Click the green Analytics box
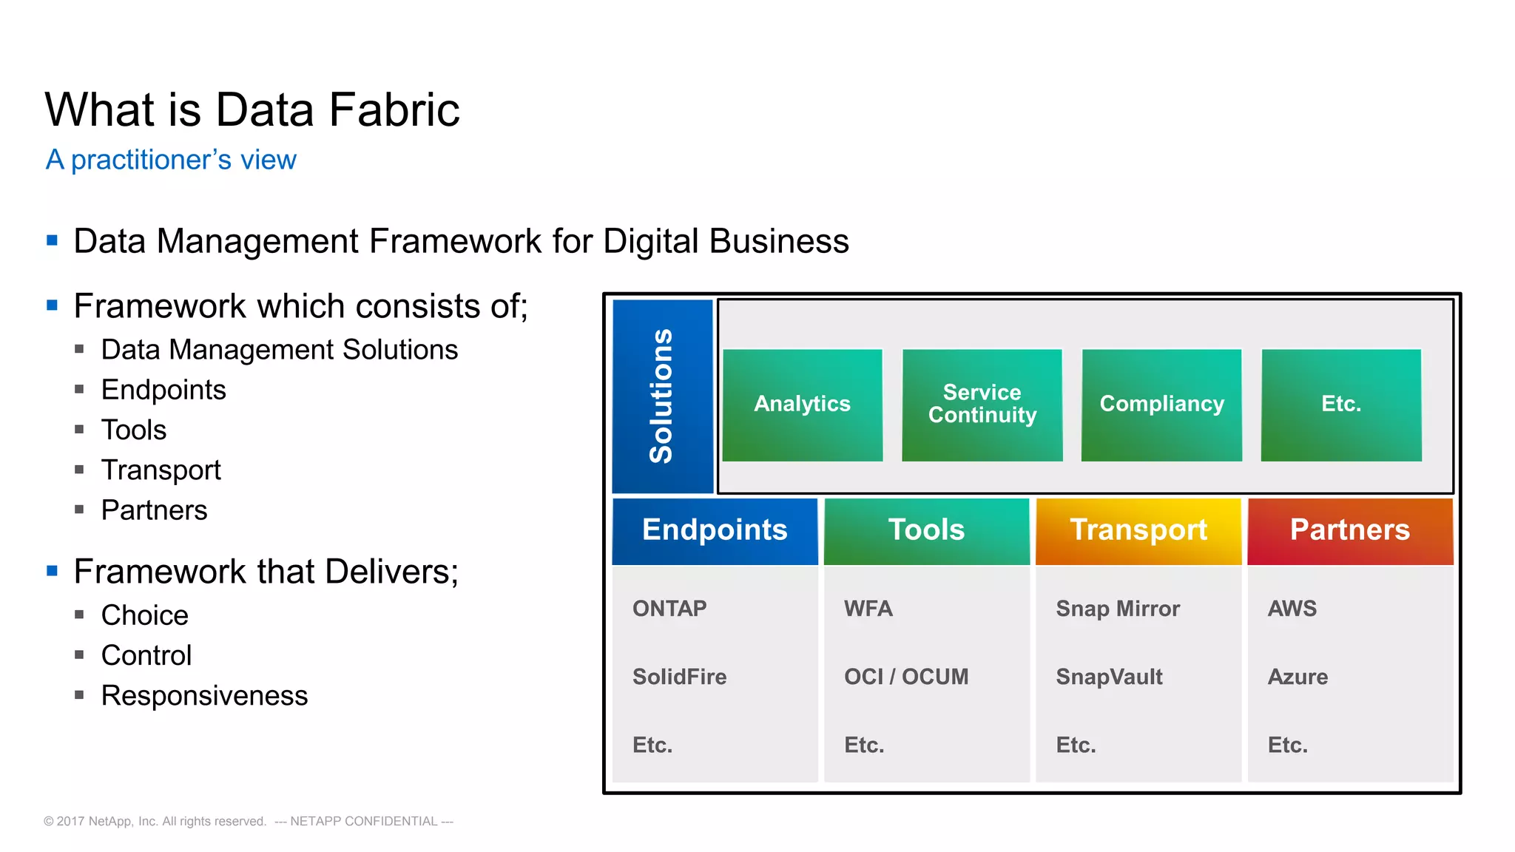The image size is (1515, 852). tap(802, 405)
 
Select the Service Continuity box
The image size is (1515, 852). tap(982, 405)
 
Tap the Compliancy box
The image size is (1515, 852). tap(1161, 405)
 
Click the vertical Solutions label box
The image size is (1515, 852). tap(662, 396)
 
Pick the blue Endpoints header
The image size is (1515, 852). tap(715, 530)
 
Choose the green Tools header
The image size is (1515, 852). tap(926, 530)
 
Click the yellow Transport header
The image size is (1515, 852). tap(1138, 530)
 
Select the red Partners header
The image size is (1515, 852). tap(1349, 530)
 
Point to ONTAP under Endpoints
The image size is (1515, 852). tap(669, 609)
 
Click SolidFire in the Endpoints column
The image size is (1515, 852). tap(679, 677)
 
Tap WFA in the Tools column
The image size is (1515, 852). tap(868, 609)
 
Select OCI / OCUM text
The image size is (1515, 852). tap(906, 677)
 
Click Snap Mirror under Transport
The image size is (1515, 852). tap(1117, 609)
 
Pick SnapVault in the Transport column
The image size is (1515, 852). tap(1109, 677)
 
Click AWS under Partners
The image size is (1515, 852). tap(1292, 609)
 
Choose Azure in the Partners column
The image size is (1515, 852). tap(1298, 677)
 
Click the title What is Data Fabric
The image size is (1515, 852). tap(252, 110)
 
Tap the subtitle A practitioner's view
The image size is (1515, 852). tap(171, 160)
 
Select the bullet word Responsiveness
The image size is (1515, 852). tap(204, 696)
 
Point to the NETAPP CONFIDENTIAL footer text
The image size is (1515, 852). tap(363, 821)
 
